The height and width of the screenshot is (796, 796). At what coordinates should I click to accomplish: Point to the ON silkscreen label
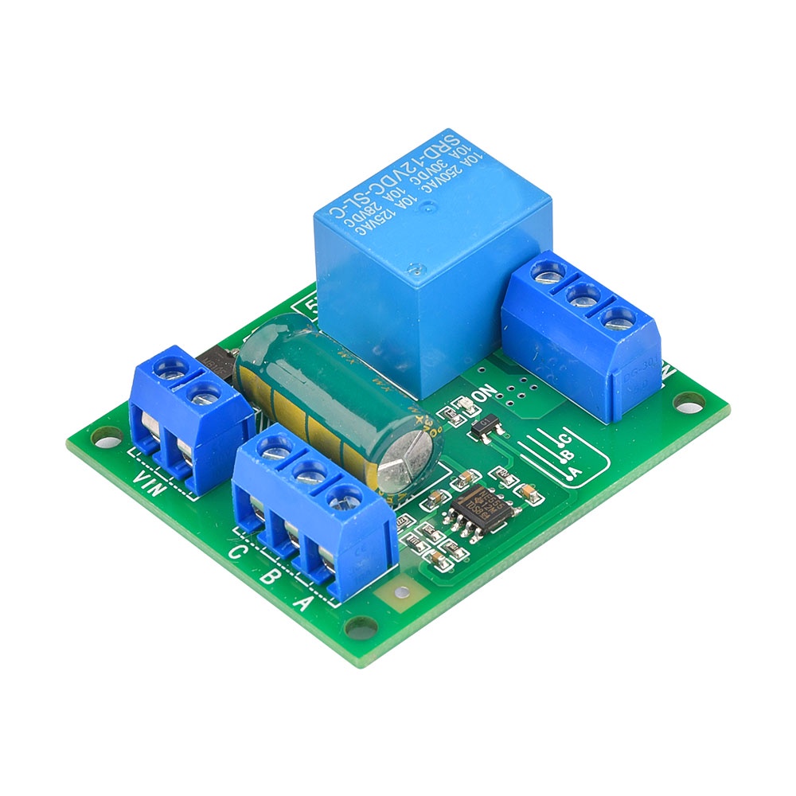[484, 396]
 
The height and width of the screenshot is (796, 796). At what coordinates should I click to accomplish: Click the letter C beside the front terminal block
[236, 552]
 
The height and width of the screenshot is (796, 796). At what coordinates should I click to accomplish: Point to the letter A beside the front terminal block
[302, 603]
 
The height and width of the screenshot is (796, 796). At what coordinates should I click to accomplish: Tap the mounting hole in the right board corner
[691, 402]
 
